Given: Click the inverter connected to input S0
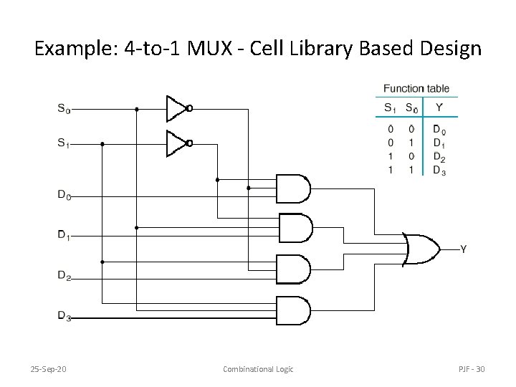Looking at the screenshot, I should coord(177,108).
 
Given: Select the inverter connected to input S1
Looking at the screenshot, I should coord(177,143).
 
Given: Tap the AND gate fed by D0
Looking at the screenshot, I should coord(293,188).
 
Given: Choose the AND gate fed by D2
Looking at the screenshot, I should coord(293,269).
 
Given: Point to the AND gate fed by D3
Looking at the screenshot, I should coord(293,310).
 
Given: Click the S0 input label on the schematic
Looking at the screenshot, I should coord(64,109).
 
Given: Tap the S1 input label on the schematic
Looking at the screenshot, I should coord(64,143).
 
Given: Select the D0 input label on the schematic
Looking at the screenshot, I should coord(64,195).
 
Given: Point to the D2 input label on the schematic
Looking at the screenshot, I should coord(64,275).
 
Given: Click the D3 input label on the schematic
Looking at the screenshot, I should coord(64,315).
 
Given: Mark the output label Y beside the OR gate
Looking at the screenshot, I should coord(463,249).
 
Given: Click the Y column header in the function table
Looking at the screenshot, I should coord(439,108).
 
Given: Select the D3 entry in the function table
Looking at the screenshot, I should coord(439,171).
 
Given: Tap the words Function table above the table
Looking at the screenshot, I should coord(416,89).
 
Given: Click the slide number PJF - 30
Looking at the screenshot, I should coord(472,369).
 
